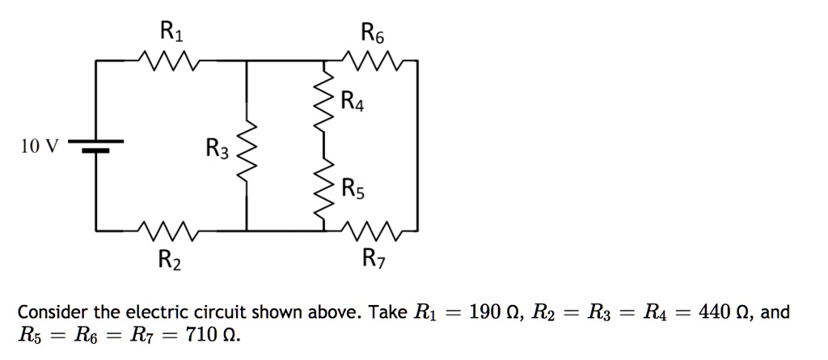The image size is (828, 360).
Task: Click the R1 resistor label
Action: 172,32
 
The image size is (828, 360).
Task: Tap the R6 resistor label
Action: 375,33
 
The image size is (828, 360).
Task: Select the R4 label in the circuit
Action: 353,103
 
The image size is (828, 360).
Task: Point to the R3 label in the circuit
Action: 218,148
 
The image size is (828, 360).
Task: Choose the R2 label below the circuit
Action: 170,260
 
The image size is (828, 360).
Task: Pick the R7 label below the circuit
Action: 374,260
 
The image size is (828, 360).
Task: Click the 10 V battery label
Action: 40,146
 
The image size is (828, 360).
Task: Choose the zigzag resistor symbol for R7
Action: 373,231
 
